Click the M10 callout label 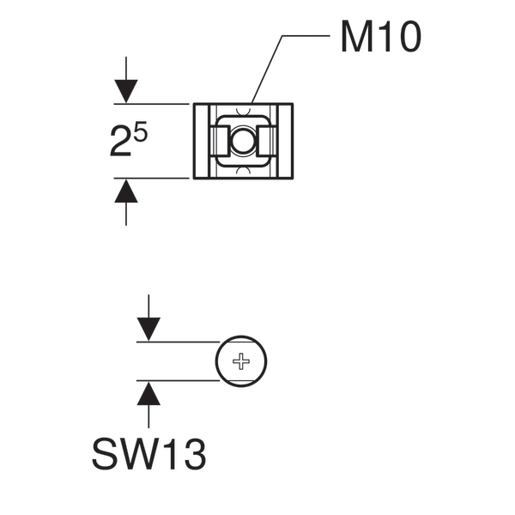[x=381, y=36]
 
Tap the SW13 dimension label [x=149, y=454]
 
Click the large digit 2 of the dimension [x=120, y=142]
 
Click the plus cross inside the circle [x=241, y=361]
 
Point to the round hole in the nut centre [x=243, y=141]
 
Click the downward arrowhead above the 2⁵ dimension [x=126, y=91]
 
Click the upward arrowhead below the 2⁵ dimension [x=126, y=191]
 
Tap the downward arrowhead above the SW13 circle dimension [x=148, y=330]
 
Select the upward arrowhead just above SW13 [x=148, y=393]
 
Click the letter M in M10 [x=357, y=36]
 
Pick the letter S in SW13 [x=106, y=454]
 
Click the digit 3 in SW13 [x=195, y=454]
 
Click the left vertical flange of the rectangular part [x=201, y=142]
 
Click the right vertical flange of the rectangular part [x=285, y=142]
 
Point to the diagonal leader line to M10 [x=267, y=70]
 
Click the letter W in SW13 [x=142, y=455]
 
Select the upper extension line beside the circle [x=178, y=342]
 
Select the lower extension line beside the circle [x=178, y=380]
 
